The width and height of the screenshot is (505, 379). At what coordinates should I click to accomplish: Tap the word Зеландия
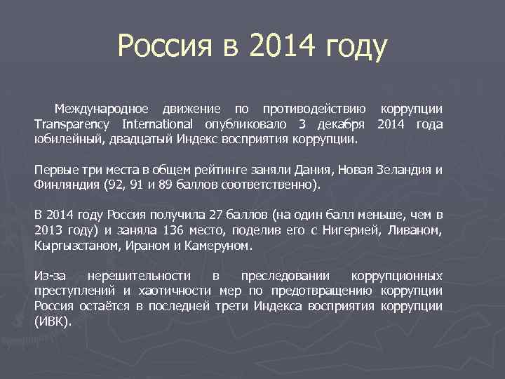pos(403,171)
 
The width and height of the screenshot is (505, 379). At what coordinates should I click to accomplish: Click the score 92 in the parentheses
pos(114,185)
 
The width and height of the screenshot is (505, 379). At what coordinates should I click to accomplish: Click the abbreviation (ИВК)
pos(52,321)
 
